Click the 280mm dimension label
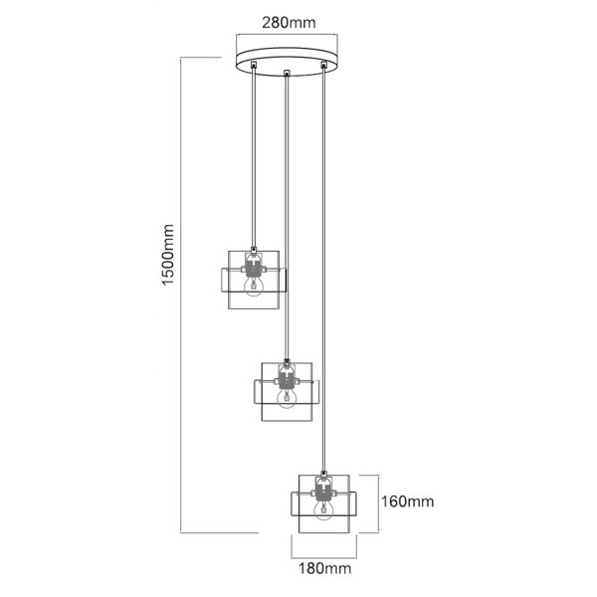pyautogui.click(x=289, y=23)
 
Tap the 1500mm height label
pyautogui.click(x=167, y=255)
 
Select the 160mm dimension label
pyautogui.click(x=407, y=501)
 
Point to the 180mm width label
pyautogui.click(x=324, y=568)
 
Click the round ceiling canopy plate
pyautogui.click(x=287, y=62)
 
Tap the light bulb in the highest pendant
pyautogui.click(x=253, y=286)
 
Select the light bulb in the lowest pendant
pyautogui.click(x=323, y=510)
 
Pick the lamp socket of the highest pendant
pyautogui.click(x=253, y=266)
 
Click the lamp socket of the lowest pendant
pyautogui.click(x=323, y=490)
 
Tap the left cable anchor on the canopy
pyautogui.click(x=253, y=65)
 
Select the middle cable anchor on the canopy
pyautogui.click(x=287, y=73)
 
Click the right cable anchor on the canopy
pyautogui.click(x=323, y=65)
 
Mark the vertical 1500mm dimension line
pyautogui.click(x=180, y=296)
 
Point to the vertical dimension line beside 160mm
pyautogui.click(x=378, y=503)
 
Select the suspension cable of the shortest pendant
pyautogui.click(x=253, y=158)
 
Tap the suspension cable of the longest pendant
pyautogui.click(x=323, y=270)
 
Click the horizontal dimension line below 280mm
pyautogui.click(x=287, y=36)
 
